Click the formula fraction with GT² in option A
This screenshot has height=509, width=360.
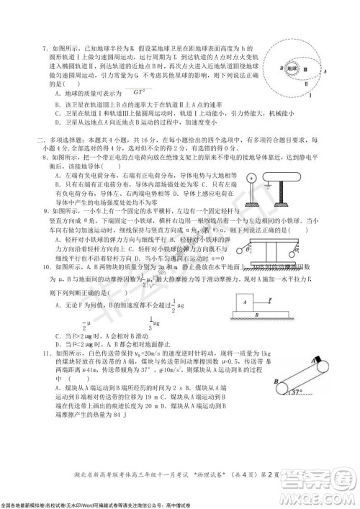(x=136, y=91)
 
